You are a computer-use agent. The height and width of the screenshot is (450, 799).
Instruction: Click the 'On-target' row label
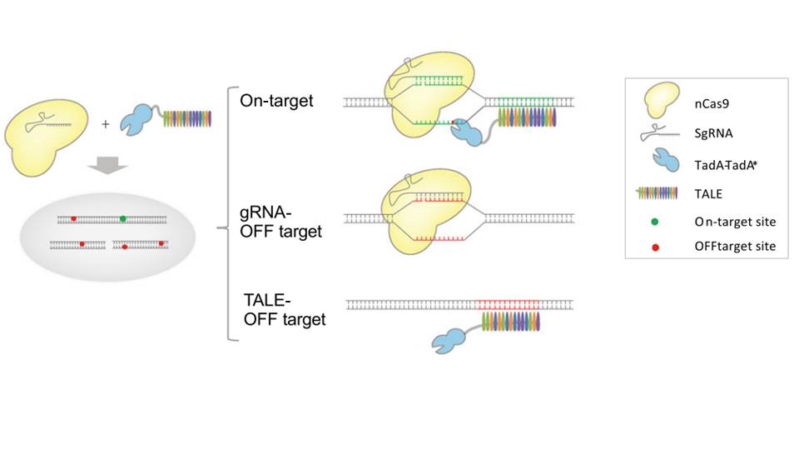[272, 101]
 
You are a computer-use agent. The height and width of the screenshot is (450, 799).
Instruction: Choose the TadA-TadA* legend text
[726, 166]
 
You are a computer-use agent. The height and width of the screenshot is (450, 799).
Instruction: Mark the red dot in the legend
[657, 247]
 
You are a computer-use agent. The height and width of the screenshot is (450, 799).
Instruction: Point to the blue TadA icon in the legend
[657, 164]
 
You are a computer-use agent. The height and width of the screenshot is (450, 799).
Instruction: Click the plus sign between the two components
[106, 125]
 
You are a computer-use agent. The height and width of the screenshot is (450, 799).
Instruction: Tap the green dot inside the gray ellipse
[123, 219]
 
